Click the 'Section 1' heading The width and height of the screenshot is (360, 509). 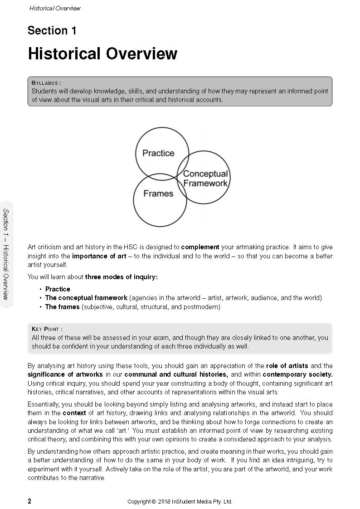click(52, 31)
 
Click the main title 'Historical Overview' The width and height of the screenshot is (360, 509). click(102, 53)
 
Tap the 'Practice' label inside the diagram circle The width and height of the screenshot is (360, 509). click(158, 153)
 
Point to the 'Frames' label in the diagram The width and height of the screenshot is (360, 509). click(158, 194)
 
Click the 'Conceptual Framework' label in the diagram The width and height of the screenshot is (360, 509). click(205, 179)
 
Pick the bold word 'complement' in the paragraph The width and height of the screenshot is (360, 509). click(200, 247)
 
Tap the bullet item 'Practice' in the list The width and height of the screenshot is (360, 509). click(58, 289)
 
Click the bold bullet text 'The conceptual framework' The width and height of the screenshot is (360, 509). click(86, 298)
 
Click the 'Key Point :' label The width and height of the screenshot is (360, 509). click(47, 329)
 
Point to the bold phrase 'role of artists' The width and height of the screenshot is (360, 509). click(287, 365)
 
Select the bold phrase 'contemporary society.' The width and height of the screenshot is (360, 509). click(297, 374)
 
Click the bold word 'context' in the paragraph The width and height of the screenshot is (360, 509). click(74, 413)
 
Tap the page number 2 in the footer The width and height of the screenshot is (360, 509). click(29, 501)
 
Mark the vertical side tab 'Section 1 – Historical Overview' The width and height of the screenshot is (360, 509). click(6, 254)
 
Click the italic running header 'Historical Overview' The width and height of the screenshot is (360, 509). click(54, 8)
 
